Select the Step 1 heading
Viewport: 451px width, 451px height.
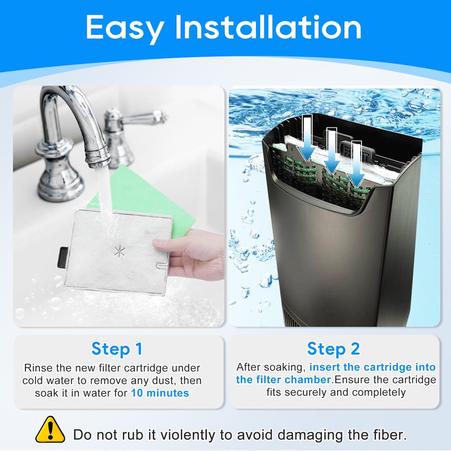coord(117,349)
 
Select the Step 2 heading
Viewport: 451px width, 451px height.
coord(334,349)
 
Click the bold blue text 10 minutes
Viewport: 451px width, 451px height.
coord(160,393)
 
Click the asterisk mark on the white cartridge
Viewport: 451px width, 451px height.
coord(119,252)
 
